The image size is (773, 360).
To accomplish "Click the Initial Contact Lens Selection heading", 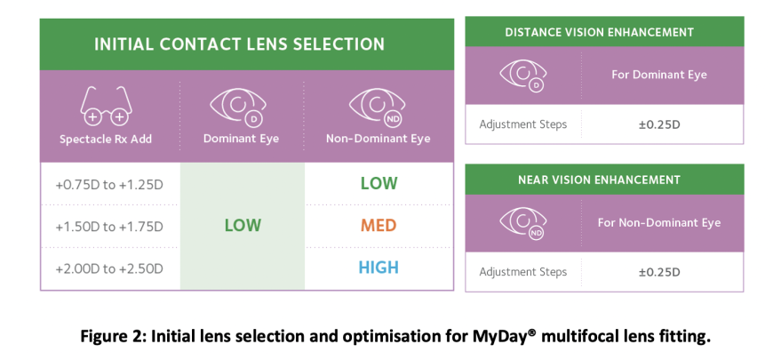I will [x=240, y=44].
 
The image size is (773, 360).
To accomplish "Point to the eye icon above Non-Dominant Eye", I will [x=378, y=106].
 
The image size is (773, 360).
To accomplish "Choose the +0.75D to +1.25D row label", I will [x=109, y=184].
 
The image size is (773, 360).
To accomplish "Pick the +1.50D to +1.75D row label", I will [x=109, y=227].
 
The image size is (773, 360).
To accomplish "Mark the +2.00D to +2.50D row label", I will [x=109, y=268].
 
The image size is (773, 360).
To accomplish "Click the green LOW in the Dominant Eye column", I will [x=242, y=226].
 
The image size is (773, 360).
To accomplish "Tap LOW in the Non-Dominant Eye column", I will [x=379, y=184].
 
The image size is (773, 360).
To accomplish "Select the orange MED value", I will [x=379, y=226].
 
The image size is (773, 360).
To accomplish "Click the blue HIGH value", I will [x=379, y=268].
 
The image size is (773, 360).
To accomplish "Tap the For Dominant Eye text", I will [x=658, y=75].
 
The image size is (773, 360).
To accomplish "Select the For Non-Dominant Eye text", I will [x=658, y=222].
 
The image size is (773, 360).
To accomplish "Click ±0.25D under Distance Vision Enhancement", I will [x=658, y=124].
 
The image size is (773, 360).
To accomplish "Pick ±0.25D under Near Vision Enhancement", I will [x=658, y=272].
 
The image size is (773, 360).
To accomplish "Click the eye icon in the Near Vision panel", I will [x=522, y=222].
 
